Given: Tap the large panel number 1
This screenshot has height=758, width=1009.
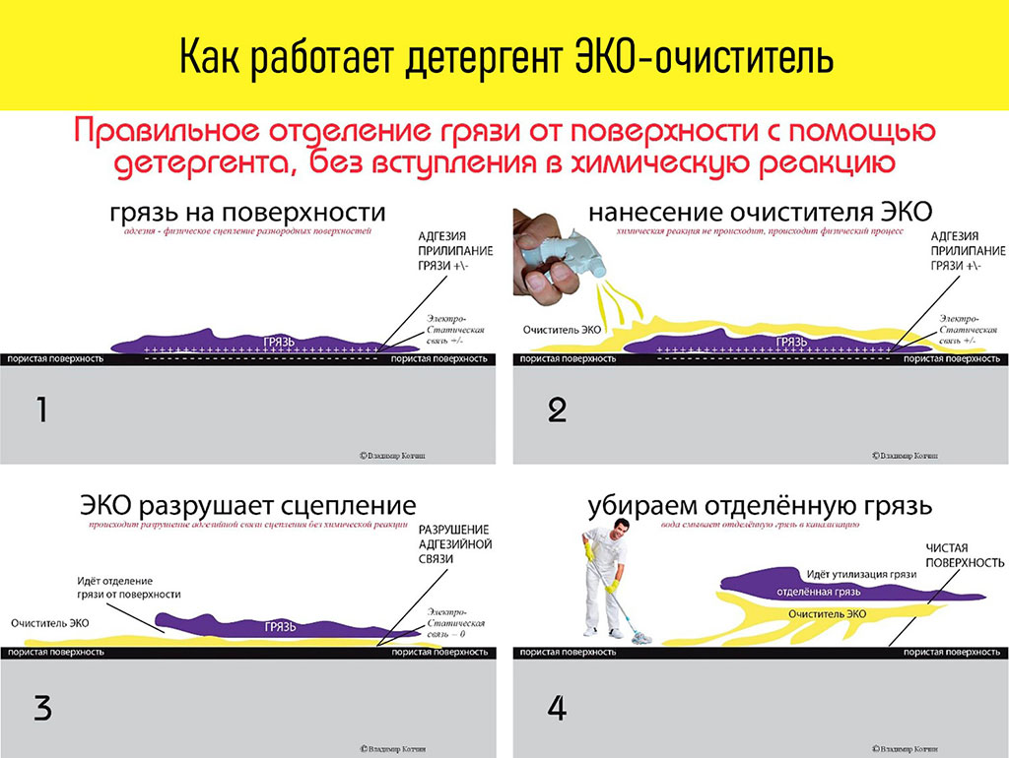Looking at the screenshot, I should point(41,409).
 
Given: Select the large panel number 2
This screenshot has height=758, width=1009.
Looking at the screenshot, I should point(558,409).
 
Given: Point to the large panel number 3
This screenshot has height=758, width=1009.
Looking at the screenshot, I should point(42,707).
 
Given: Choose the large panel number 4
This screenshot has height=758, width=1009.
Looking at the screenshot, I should point(558,707).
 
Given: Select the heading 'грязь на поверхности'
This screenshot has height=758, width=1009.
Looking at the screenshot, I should point(245,213).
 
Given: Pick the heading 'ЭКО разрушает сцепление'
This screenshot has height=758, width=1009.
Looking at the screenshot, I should point(247,507).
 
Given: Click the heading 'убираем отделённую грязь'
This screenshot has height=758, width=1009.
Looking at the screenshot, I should point(759,507).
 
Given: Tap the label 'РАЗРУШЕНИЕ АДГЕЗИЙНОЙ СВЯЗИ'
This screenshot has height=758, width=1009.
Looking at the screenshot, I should point(455,543).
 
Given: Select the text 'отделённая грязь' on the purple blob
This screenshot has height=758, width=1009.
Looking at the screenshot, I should point(819,593).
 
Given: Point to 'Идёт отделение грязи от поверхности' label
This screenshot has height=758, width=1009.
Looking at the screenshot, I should point(129,587).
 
